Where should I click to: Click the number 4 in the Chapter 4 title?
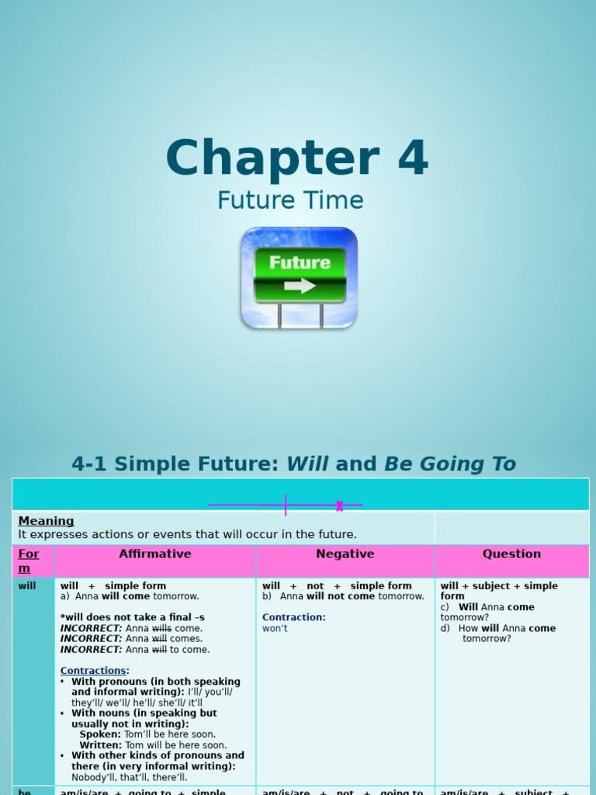412,158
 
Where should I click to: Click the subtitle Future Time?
290,200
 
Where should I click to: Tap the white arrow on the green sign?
300,286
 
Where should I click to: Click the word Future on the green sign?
300,262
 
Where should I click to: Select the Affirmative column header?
155,554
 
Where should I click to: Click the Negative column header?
345,554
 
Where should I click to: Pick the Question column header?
511,554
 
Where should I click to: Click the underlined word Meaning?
47,521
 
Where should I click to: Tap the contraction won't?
275,628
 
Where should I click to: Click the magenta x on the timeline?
339,506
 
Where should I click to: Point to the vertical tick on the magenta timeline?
286,505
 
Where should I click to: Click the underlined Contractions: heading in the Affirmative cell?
95,671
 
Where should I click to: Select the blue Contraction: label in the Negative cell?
294,617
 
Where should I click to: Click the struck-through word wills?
161,628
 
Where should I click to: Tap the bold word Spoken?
100,734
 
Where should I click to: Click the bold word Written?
101,745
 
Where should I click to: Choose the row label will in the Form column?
27,586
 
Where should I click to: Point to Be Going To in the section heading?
450,464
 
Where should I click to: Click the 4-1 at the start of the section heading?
88,464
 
